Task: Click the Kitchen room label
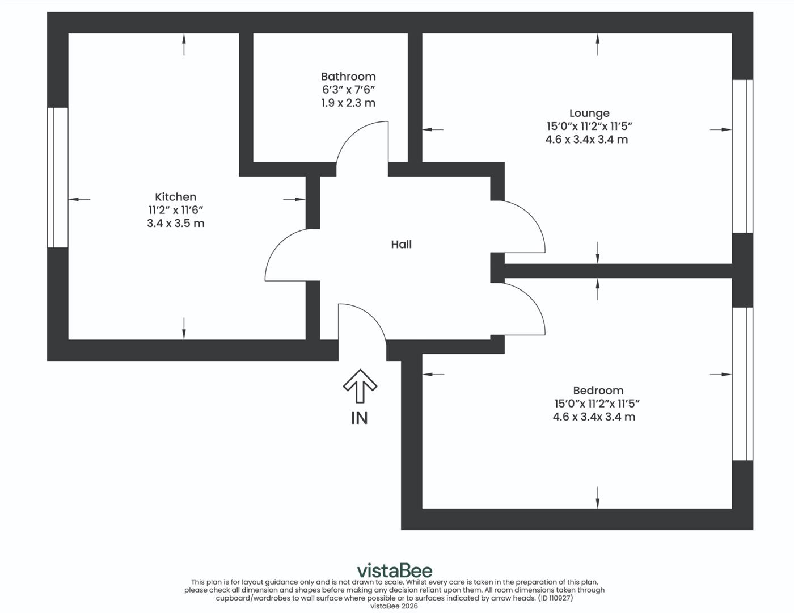[175, 197]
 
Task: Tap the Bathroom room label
[348, 77]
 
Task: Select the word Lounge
[589, 114]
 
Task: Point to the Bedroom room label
[598, 391]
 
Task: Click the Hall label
[401, 245]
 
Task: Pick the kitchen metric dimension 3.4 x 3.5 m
[175, 224]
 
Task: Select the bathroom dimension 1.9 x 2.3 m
[348, 103]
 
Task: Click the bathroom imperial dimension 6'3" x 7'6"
[348, 90]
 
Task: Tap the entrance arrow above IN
[360, 386]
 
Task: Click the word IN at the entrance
[359, 418]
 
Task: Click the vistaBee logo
[394, 570]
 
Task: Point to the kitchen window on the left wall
[57, 177]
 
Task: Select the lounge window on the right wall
[742, 156]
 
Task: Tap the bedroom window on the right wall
[742, 384]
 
